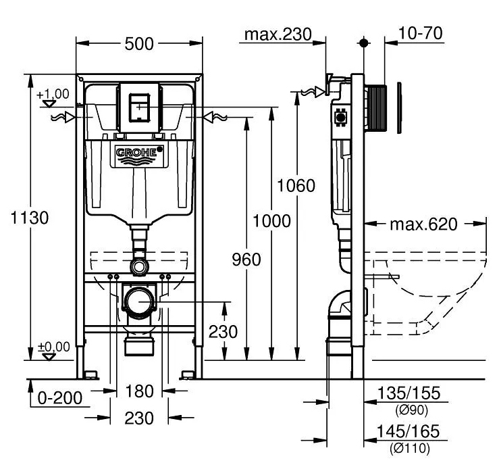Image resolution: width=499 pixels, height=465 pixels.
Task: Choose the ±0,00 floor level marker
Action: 53,347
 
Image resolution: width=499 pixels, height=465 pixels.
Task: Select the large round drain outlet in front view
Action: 140,300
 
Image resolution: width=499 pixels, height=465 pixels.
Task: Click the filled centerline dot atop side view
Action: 365,43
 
